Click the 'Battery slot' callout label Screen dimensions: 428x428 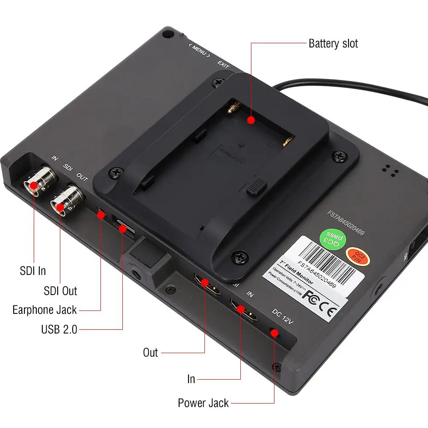click(x=333, y=43)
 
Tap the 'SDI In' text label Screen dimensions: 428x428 click(x=32, y=271)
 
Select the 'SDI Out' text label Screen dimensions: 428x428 click(x=60, y=291)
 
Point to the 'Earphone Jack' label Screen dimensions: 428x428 click(x=44, y=310)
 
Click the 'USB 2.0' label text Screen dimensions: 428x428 click(x=59, y=329)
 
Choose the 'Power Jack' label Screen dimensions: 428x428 click(x=203, y=403)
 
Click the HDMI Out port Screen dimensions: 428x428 click(x=205, y=283)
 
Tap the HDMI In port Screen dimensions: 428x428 click(x=242, y=310)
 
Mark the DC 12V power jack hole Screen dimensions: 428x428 click(x=274, y=333)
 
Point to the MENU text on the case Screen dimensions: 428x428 click(x=199, y=50)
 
